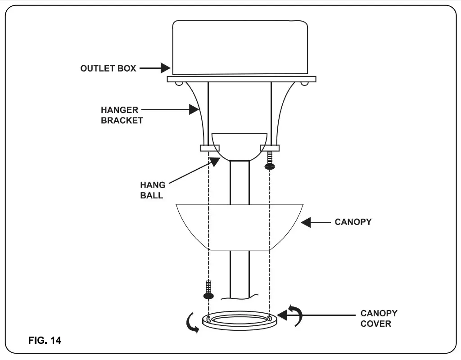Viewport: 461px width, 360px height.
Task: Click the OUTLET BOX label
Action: point(108,68)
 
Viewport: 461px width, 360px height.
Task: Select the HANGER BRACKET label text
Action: point(122,115)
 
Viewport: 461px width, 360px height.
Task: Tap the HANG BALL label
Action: point(153,190)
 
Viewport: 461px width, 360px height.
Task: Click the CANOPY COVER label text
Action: point(379,318)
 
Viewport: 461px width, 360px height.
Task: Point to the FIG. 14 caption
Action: point(45,340)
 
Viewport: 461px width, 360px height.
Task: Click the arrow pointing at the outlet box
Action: point(155,68)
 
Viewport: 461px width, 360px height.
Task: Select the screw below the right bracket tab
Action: point(269,160)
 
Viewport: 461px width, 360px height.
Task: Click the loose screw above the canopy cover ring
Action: point(208,289)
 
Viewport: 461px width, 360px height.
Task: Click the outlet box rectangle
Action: point(240,47)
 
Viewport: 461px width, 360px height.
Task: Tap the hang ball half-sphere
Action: point(239,145)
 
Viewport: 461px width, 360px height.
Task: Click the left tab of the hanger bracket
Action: point(209,148)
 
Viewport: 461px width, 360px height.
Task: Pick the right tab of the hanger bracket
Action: point(270,148)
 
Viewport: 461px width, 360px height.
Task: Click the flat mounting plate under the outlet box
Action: point(241,79)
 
